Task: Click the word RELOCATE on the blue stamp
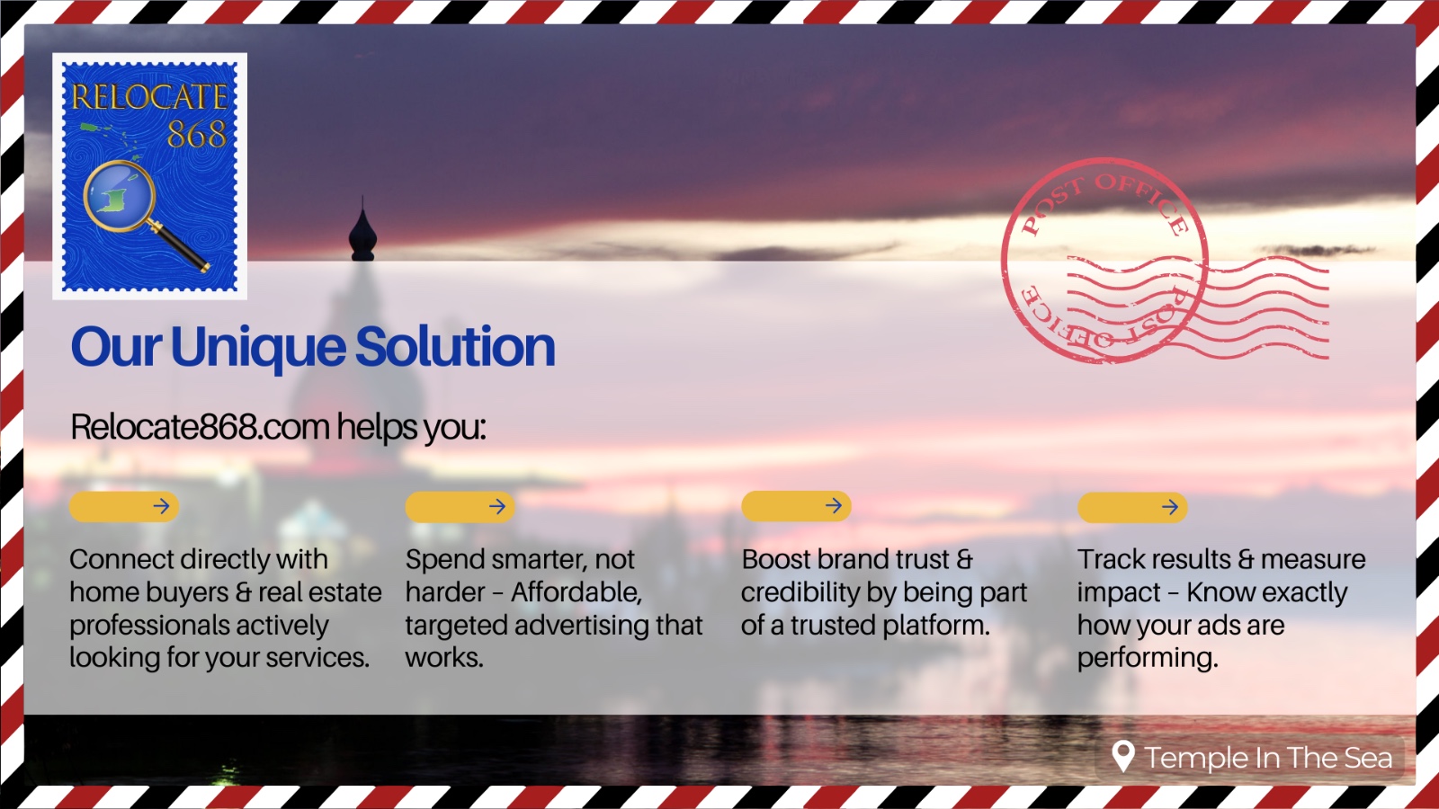point(149,97)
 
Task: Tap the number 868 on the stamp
point(197,134)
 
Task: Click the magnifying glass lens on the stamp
point(119,195)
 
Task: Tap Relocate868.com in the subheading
point(200,426)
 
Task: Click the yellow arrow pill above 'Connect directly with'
point(124,507)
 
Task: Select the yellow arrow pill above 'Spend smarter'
point(460,507)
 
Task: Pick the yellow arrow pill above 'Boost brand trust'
point(797,506)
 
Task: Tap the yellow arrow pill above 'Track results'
point(1132,507)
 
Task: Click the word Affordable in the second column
point(576,592)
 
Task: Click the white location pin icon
point(1123,756)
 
